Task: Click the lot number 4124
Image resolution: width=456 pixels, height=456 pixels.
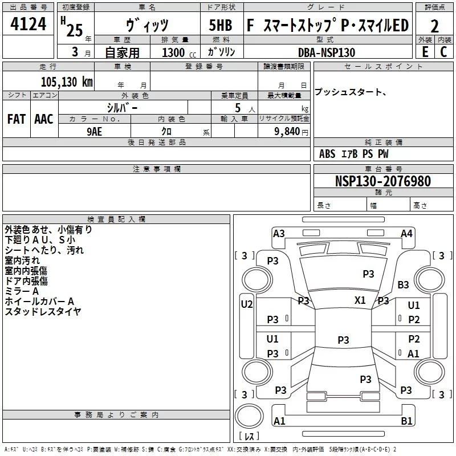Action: point(28,24)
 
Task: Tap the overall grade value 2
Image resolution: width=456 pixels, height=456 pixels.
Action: point(434,26)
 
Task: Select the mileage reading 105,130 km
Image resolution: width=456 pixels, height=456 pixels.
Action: point(67,82)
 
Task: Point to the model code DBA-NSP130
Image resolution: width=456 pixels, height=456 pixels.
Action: point(327,52)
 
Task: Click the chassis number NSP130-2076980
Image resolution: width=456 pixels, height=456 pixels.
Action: point(383,181)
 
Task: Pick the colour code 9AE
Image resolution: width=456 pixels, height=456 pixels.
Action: point(94,132)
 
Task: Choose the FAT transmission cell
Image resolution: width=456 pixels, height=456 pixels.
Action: point(17,119)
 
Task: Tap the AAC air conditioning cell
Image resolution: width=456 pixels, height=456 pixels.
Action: point(44,119)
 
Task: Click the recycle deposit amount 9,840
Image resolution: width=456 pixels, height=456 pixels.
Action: point(287,132)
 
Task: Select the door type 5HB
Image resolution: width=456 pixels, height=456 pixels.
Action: point(221,25)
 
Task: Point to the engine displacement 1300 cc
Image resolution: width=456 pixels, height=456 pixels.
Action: point(179,52)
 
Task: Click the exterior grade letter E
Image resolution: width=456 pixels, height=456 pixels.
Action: point(425,52)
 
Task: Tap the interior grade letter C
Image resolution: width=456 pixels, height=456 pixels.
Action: point(443,52)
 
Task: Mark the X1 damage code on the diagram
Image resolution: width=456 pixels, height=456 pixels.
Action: point(360,300)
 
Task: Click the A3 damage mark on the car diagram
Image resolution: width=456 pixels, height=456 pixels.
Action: point(279,234)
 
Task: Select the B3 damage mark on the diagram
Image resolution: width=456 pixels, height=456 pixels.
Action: point(403,284)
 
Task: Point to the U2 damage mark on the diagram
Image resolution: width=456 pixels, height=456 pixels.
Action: point(247,304)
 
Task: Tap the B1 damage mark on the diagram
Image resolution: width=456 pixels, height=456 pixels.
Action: point(406,421)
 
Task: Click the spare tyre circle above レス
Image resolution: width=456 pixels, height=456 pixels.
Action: point(249,416)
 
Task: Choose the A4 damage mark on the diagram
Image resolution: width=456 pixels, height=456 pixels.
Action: point(406,234)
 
